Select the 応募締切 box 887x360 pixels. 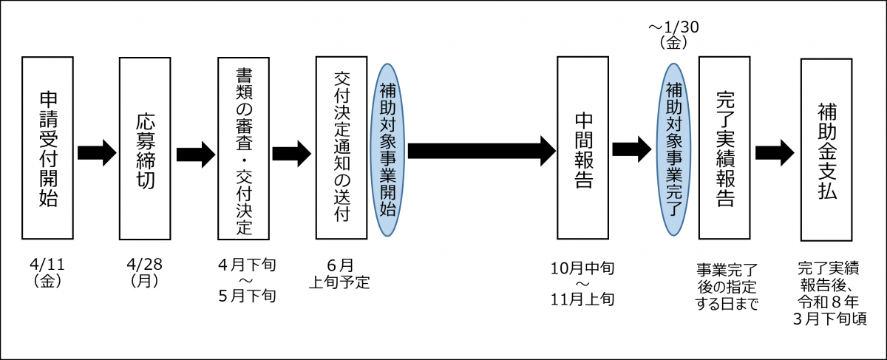(145, 148)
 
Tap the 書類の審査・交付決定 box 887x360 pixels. (243, 148)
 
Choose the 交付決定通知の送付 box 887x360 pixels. (341, 148)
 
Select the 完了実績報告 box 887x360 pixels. (724, 148)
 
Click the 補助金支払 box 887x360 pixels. (827, 148)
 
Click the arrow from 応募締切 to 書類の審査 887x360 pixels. (195, 154)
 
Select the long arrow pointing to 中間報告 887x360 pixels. (480, 151)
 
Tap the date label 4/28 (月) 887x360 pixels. (145, 272)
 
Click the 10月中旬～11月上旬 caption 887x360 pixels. (581, 283)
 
